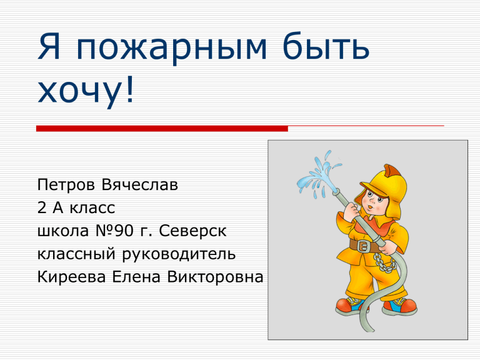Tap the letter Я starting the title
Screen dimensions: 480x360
[49, 46]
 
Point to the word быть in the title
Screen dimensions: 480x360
[326, 46]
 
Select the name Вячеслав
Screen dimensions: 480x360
[139, 184]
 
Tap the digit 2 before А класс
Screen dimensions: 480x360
[42, 207]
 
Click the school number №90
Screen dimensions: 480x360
[114, 231]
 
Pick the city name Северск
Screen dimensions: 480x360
[192, 232]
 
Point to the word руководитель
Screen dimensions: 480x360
[179, 255]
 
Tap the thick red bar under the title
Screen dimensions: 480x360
[162, 129]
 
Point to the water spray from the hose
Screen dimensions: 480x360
[318, 174]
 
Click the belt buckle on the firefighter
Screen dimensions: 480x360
[363, 246]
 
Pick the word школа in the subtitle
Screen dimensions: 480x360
[63, 231]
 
